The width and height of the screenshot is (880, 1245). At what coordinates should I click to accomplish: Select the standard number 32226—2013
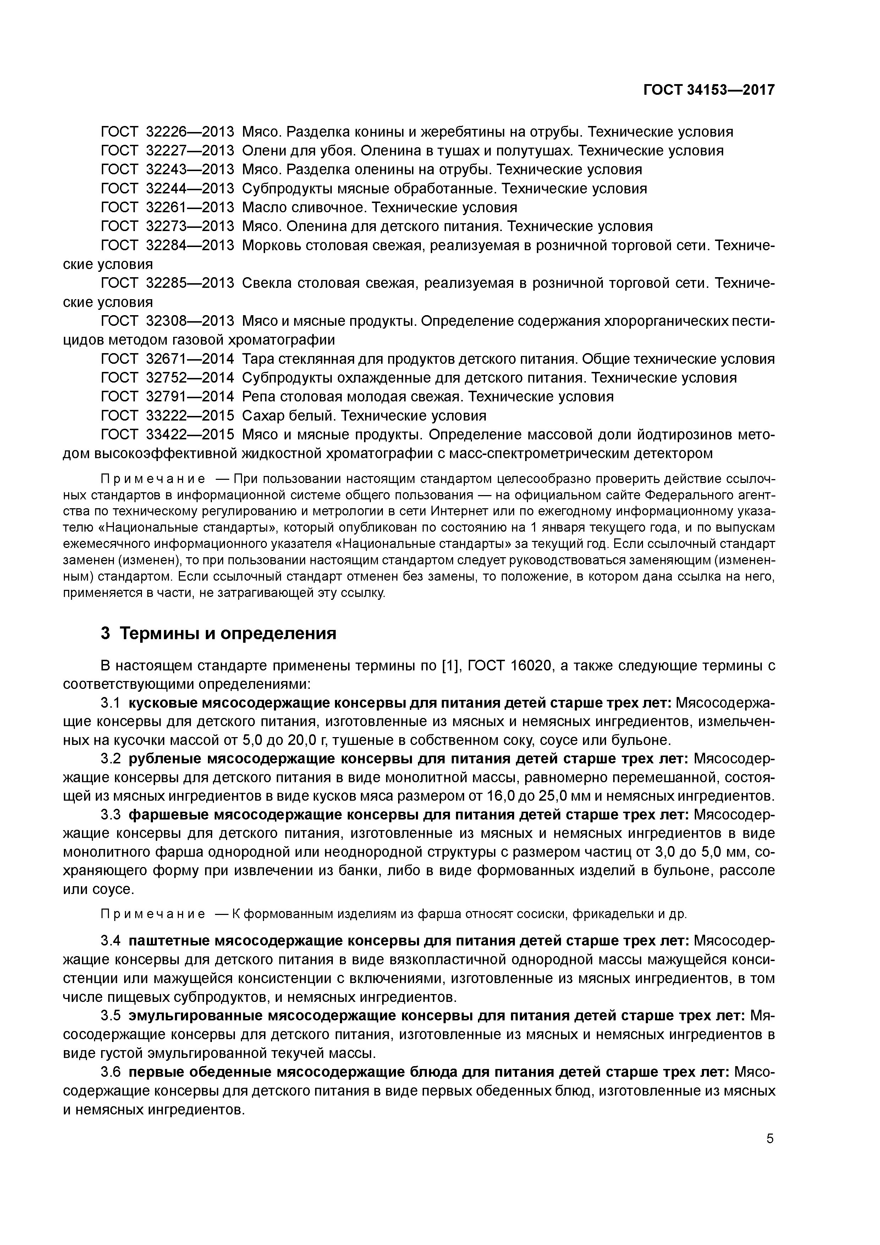pos(190,132)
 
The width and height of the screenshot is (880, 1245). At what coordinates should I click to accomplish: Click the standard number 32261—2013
pos(190,207)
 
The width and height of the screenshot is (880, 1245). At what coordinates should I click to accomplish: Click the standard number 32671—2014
pos(190,359)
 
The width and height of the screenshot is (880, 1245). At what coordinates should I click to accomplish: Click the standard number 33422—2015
pos(190,434)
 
